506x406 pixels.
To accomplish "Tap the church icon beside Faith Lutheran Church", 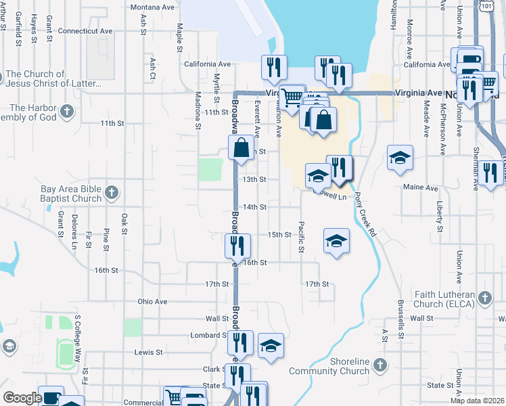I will (x=484, y=298).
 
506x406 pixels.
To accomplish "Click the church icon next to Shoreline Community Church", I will (x=379, y=365).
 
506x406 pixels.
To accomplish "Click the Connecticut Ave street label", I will (x=85, y=31).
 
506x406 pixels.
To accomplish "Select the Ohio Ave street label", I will (x=152, y=301).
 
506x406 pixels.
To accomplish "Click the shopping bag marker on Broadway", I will (x=241, y=148).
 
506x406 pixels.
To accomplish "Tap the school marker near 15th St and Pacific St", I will (x=336, y=241).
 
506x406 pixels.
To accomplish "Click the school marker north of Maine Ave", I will (x=400, y=158).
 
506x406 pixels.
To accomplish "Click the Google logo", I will (x=22, y=398).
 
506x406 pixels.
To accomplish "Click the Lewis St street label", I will (x=148, y=353).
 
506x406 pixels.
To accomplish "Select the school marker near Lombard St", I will (x=271, y=345).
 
